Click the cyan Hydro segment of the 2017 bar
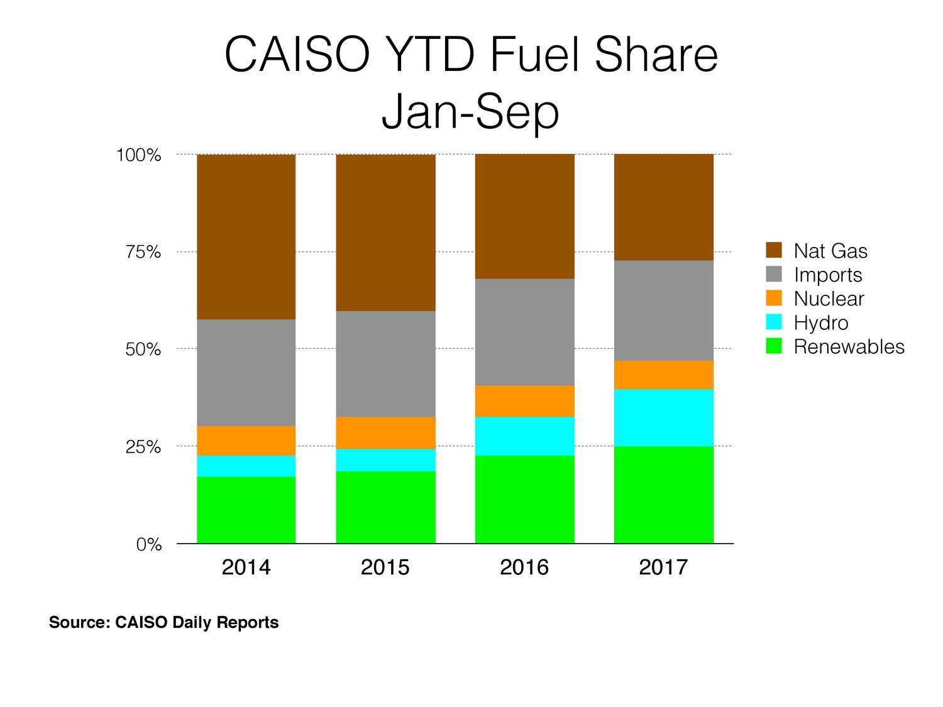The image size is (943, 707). pos(663,418)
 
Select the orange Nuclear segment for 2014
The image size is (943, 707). pos(246,441)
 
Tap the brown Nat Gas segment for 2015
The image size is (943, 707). pos(385,233)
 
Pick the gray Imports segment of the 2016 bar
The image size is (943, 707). pos(524,332)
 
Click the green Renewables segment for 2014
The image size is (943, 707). pos(246,510)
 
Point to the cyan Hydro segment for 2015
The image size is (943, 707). pos(385,460)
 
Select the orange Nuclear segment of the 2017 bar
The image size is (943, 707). pos(663,375)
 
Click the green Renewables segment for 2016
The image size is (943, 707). pos(524,499)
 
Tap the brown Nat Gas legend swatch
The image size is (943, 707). pos(774,250)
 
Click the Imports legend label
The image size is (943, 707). pos(827,275)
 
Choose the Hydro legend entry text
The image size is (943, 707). pos(820,322)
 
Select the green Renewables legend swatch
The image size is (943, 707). pos(774,346)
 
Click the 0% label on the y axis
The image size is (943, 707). pos(149,544)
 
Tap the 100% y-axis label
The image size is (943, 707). pos(139,155)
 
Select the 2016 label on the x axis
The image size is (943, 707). pos(524,567)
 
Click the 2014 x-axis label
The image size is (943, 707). pos(246,567)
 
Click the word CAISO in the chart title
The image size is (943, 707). pos(296,55)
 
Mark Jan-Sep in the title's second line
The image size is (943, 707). pos(470,112)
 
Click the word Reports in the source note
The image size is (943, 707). pos(248,622)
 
